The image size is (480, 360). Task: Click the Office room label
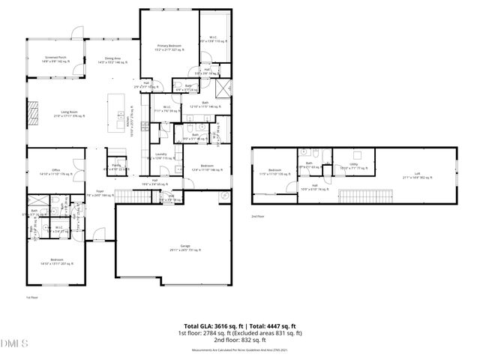[55, 172]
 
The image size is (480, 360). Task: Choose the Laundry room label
[160, 155]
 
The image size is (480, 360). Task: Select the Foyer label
[99, 192]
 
